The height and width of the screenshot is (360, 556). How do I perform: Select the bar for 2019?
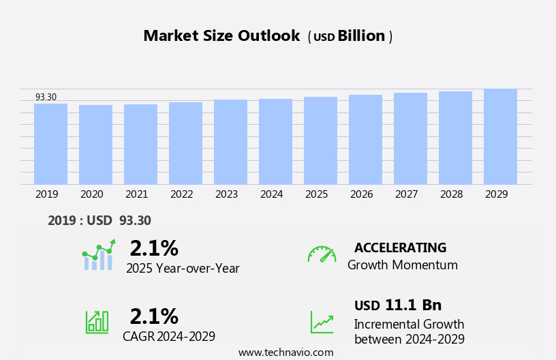[50, 144]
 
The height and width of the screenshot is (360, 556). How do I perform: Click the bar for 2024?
[275, 142]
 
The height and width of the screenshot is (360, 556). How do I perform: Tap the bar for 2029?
[500, 136]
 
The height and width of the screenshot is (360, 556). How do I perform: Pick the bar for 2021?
[140, 145]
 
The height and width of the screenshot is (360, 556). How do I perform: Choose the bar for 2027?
[410, 138]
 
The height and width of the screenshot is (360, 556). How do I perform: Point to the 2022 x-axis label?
[181, 194]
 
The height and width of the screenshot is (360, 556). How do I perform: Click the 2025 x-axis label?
[316, 194]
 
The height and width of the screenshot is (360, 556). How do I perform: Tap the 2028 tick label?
[451, 194]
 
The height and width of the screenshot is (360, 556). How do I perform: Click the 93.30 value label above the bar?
[46, 97]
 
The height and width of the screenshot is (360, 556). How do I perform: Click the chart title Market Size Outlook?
[221, 36]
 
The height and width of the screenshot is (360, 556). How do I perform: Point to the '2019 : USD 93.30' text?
[99, 220]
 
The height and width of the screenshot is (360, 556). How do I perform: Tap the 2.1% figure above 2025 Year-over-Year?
[154, 248]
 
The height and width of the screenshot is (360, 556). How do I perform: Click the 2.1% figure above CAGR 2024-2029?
[154, 316]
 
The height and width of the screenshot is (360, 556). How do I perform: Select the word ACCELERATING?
[400, 248]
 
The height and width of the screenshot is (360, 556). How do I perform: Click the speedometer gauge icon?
[322, 254]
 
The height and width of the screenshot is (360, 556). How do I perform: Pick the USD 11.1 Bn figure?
[398, 305]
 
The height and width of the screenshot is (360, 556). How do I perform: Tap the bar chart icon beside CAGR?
[97, 321]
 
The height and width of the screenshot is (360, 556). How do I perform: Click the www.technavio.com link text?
[285, 352]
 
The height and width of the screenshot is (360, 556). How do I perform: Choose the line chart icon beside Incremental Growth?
[322, 322]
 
